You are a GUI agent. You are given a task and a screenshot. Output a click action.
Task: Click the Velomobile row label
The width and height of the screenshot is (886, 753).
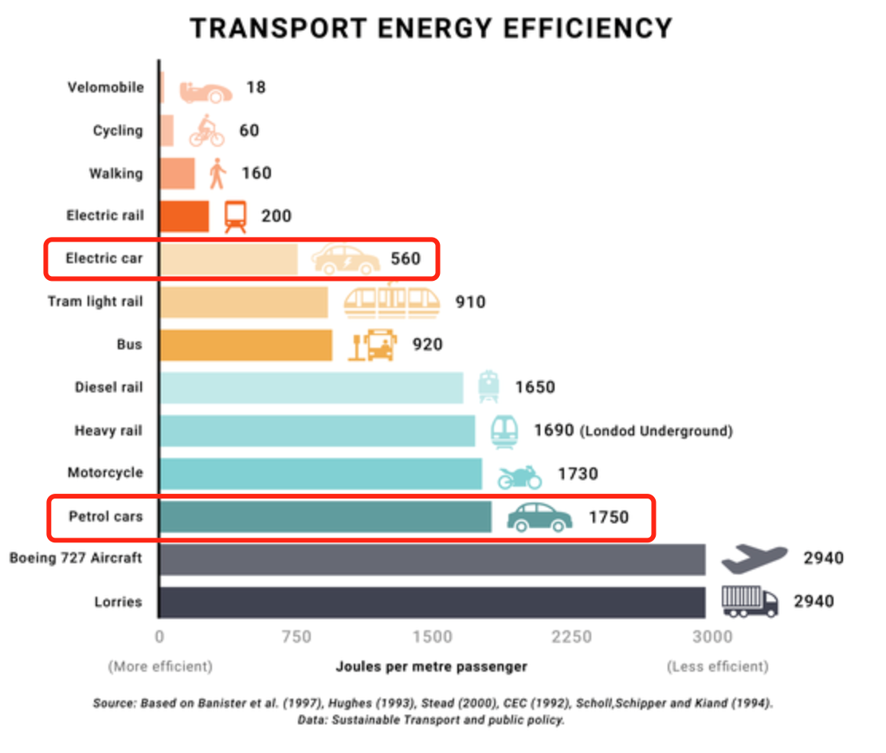105,87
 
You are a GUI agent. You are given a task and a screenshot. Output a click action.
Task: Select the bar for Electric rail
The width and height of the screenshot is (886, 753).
184,216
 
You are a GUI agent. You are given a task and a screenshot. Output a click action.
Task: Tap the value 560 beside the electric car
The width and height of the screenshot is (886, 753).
405,259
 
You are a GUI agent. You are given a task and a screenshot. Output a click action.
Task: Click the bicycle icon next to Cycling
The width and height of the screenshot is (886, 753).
206,131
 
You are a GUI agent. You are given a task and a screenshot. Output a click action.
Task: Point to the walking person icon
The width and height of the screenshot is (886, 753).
217,173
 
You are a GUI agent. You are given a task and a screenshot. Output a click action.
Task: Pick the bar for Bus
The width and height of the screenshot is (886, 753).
245,345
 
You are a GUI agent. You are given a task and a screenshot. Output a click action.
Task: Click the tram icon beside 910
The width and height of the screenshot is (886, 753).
391,301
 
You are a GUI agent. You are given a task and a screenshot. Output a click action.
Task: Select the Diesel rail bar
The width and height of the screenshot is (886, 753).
311,388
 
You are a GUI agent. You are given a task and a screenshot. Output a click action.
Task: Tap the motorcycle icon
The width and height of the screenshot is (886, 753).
519,476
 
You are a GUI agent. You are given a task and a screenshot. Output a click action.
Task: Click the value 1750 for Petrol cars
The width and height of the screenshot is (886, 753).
609,517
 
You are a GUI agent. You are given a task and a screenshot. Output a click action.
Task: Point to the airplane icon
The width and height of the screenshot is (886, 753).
753,558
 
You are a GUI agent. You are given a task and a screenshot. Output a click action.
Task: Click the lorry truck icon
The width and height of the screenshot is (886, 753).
749,601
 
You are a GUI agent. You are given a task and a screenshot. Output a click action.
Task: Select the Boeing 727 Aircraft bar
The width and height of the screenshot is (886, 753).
432,559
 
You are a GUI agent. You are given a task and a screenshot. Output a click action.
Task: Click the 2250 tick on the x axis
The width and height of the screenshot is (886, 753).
571,637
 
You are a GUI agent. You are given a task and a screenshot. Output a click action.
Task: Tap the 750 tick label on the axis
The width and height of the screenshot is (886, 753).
296,637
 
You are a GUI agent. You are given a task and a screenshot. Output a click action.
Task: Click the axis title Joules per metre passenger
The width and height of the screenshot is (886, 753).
431,666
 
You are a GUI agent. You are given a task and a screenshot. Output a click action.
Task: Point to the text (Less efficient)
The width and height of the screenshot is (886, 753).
717,666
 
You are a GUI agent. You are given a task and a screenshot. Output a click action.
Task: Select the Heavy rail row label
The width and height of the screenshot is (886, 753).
108,431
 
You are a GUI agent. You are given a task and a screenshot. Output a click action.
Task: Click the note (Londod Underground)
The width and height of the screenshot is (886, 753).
656,431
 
